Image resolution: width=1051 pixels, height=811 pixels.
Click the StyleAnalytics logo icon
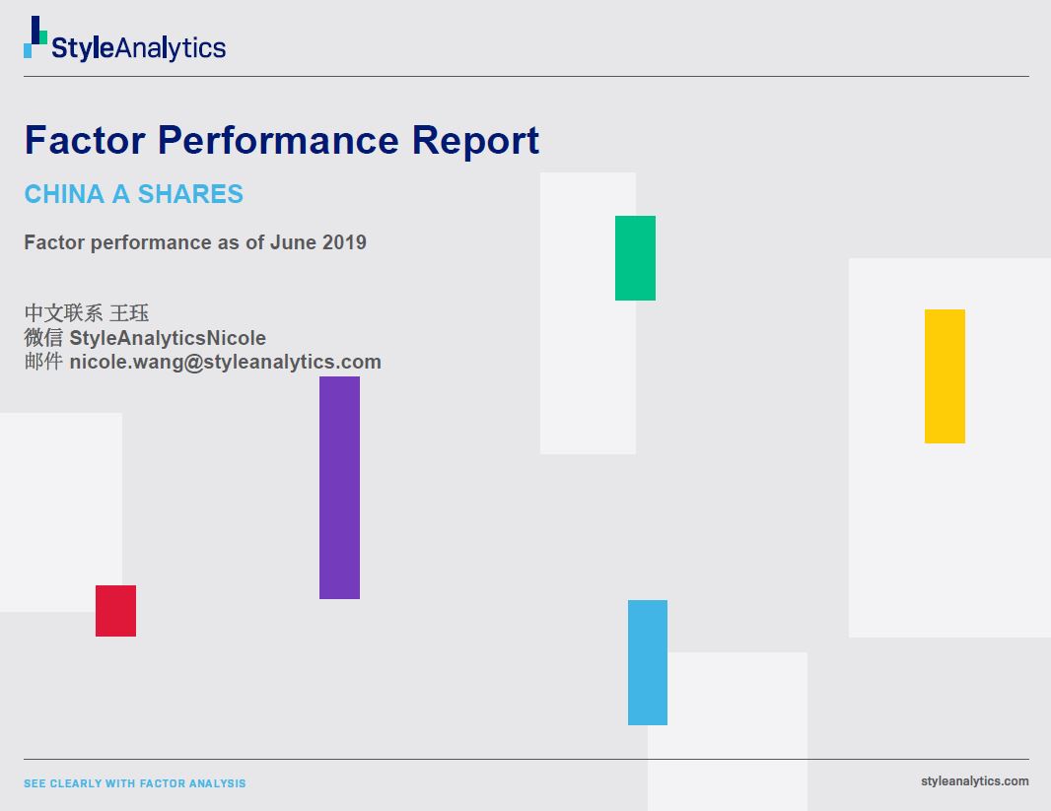[x=35, y=36]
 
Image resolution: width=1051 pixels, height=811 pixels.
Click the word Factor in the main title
[x=85, y=140]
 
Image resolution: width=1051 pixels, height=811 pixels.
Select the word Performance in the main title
[x=278, y=140]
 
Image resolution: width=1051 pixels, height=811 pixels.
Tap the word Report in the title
[x=475, y=141]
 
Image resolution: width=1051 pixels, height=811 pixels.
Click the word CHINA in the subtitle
[x=64, y=194]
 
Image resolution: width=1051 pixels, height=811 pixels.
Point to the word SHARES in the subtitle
[x=190, y=194]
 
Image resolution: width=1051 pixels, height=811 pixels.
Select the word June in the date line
[x=293, y=241]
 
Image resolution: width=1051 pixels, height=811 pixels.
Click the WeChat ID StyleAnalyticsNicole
[x=168, y=338]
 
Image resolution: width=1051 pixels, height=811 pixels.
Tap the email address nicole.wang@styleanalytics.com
[x=225, y=362]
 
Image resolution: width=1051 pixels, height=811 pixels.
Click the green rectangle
[x=635, y=258]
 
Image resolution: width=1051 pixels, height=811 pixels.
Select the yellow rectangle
[x=946, y=376]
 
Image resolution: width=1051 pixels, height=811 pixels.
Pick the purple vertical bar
[x=340, y=488]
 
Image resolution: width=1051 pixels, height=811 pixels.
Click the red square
[x=116, y=611]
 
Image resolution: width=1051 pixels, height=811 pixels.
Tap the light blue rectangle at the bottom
[x=648, y=662]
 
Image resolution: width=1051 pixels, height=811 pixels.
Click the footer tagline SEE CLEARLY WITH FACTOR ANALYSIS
[x=135, y=783]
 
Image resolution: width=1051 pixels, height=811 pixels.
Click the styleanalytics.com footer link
[x=974, y=780]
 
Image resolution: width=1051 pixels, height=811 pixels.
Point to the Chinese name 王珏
[x=129, y=312]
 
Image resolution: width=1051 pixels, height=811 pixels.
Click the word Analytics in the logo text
[x=171, y=48]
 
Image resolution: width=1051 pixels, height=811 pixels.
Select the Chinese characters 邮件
[x=43, y=362]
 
